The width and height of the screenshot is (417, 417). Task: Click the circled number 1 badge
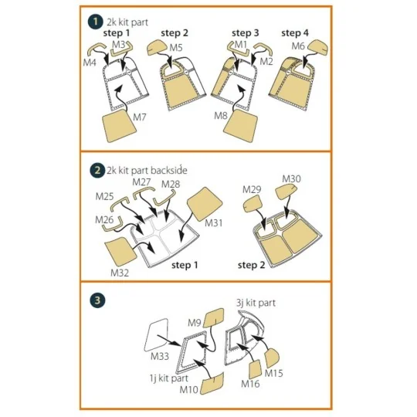(95, 22)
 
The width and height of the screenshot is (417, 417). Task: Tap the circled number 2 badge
(97, 171)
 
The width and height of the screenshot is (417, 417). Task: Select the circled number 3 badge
(97, 300)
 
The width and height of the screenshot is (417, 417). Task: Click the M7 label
(140, 117)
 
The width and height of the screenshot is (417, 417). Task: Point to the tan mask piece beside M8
(240, 125)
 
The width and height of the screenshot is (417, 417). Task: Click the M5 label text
(176, 48)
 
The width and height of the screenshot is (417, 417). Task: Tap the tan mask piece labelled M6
(317, 47)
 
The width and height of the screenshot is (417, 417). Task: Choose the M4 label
(90, 63)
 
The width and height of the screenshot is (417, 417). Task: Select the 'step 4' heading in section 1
(295, 33)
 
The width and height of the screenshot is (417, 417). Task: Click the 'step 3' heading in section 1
(246, 33)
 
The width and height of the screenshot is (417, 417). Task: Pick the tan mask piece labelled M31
(205, 203)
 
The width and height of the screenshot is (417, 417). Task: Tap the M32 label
(120, 273)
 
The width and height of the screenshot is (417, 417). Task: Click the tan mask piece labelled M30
(286, 192)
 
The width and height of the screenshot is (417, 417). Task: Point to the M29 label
(252, 190)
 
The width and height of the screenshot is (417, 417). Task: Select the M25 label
(104, 196)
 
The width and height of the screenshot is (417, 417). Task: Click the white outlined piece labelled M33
(156, 334)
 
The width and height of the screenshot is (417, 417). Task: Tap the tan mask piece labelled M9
(214, 318)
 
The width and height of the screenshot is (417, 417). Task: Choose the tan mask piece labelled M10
(212, 384)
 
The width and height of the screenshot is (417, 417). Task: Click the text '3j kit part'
(256, 303)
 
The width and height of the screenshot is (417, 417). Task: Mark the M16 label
(250, 384)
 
